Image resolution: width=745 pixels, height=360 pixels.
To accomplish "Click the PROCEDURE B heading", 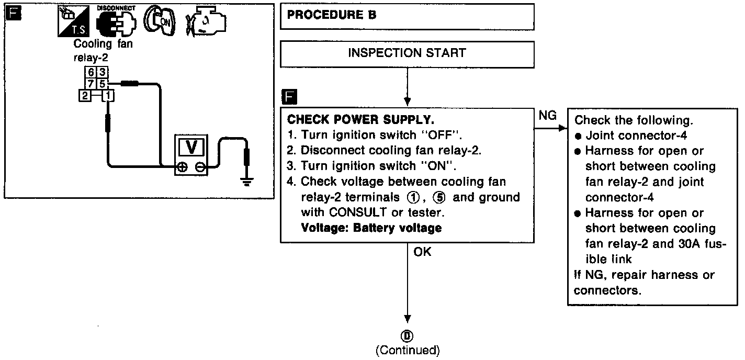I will (x=332, y=15).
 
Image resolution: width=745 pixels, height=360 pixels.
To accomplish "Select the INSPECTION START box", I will (x=407, y=53).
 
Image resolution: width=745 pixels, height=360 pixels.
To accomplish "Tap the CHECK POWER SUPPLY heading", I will (x=361, y=119).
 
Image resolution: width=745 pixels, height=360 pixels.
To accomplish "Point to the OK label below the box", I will (x=422, y=252).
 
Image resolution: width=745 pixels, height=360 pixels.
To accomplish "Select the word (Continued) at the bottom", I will (x=408, y=350).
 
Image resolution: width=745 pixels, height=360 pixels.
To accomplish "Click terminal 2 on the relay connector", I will (x=84, y=95).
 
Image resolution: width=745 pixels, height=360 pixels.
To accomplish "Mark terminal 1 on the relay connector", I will (x=108, y=95).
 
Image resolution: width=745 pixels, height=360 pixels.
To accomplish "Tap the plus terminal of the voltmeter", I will (x=182, y=168).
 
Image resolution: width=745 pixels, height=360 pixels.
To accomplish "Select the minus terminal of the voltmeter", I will (x=200, y=168).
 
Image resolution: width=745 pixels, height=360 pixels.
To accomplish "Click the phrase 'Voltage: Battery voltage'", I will (x=371, y=228).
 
